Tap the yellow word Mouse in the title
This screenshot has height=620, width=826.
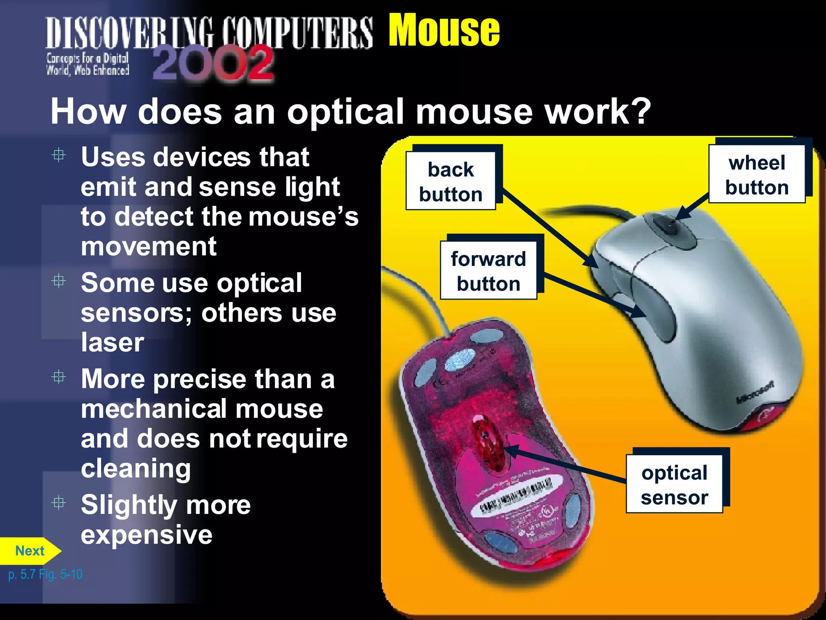[444, 30]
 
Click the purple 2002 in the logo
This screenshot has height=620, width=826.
[213, 63]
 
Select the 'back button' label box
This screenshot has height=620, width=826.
[451, 181]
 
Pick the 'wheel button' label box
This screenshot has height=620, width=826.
[757, 174]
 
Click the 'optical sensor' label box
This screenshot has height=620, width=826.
[674, 484]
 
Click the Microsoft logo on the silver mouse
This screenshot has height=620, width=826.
[755, 392]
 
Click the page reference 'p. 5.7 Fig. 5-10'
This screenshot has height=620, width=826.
[45, 574]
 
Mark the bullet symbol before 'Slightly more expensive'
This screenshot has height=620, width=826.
[59, 503]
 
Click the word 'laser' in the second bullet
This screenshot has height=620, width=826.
[112, 342]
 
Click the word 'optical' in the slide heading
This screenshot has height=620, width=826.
[345, 112]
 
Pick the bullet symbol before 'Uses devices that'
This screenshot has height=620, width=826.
[59, 155]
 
